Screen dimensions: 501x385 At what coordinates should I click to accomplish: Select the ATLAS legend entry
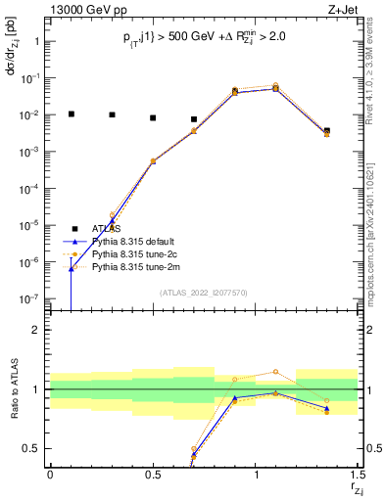[104, 228]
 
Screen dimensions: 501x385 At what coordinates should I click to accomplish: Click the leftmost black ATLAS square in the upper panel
[71, 114]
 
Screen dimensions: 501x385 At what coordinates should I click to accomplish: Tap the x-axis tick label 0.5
[153, 475]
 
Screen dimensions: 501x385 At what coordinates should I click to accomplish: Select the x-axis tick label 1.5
[358, 475]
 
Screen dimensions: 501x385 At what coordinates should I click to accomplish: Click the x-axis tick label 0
[50, 475]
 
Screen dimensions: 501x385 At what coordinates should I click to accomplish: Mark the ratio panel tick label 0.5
[30, 449]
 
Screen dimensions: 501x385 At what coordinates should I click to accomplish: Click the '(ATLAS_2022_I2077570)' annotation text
[204, 293]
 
